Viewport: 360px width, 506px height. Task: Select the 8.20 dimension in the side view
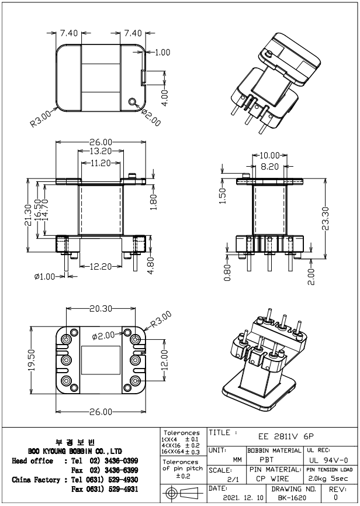(269, 166)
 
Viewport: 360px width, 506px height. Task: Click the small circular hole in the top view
(134, 102)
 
